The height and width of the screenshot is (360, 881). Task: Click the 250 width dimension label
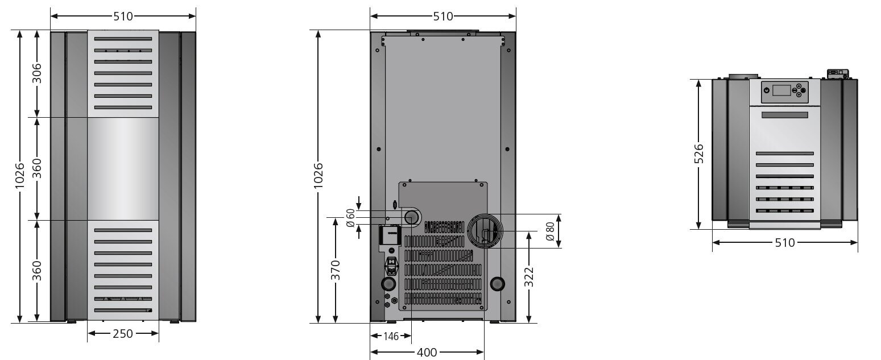(123, 334)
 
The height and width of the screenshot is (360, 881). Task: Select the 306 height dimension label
(36, 73)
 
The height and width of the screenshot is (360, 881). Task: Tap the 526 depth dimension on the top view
(698, 154)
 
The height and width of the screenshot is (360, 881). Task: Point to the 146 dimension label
(391, 336)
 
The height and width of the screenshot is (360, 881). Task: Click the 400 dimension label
(427, 352)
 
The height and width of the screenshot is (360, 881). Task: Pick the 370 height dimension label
(335, 270)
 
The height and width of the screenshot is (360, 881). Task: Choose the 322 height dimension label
(529, 277)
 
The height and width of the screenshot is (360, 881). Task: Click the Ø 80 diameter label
(550, 231)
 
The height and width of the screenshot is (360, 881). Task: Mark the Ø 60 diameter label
(350, 218)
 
